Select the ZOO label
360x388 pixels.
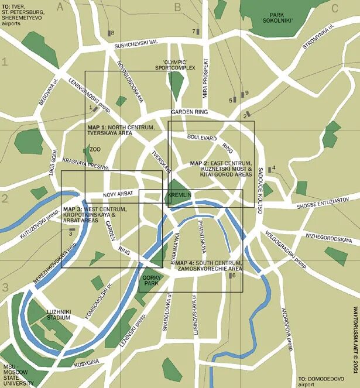point(94,149)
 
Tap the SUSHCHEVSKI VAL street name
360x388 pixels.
point(136,44)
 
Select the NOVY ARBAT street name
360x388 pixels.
point(119,193)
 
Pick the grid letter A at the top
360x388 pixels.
point(60,7)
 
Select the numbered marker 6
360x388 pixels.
point(233,275)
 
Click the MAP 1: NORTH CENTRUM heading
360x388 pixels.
point(121,127)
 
